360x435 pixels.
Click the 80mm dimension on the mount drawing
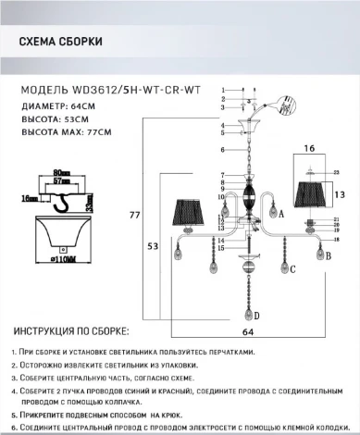point(62,172)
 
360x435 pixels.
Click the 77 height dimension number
point(133,214)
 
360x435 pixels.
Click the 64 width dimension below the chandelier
point(249,329)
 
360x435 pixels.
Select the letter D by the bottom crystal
point(257,316)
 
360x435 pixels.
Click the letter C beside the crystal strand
point(292,268)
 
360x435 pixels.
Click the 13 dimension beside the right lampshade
point(340,194)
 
